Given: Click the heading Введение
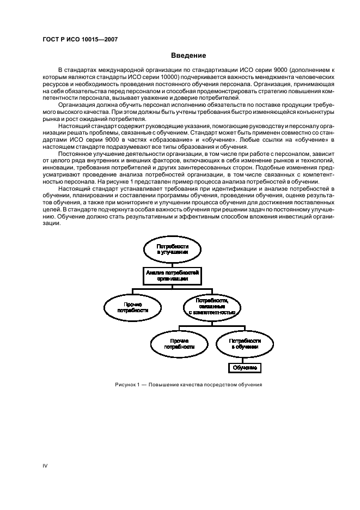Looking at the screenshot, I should pos(188,56).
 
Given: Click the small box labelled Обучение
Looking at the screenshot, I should pos(244,368).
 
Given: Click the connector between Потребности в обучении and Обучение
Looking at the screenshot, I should pos(244,360).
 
